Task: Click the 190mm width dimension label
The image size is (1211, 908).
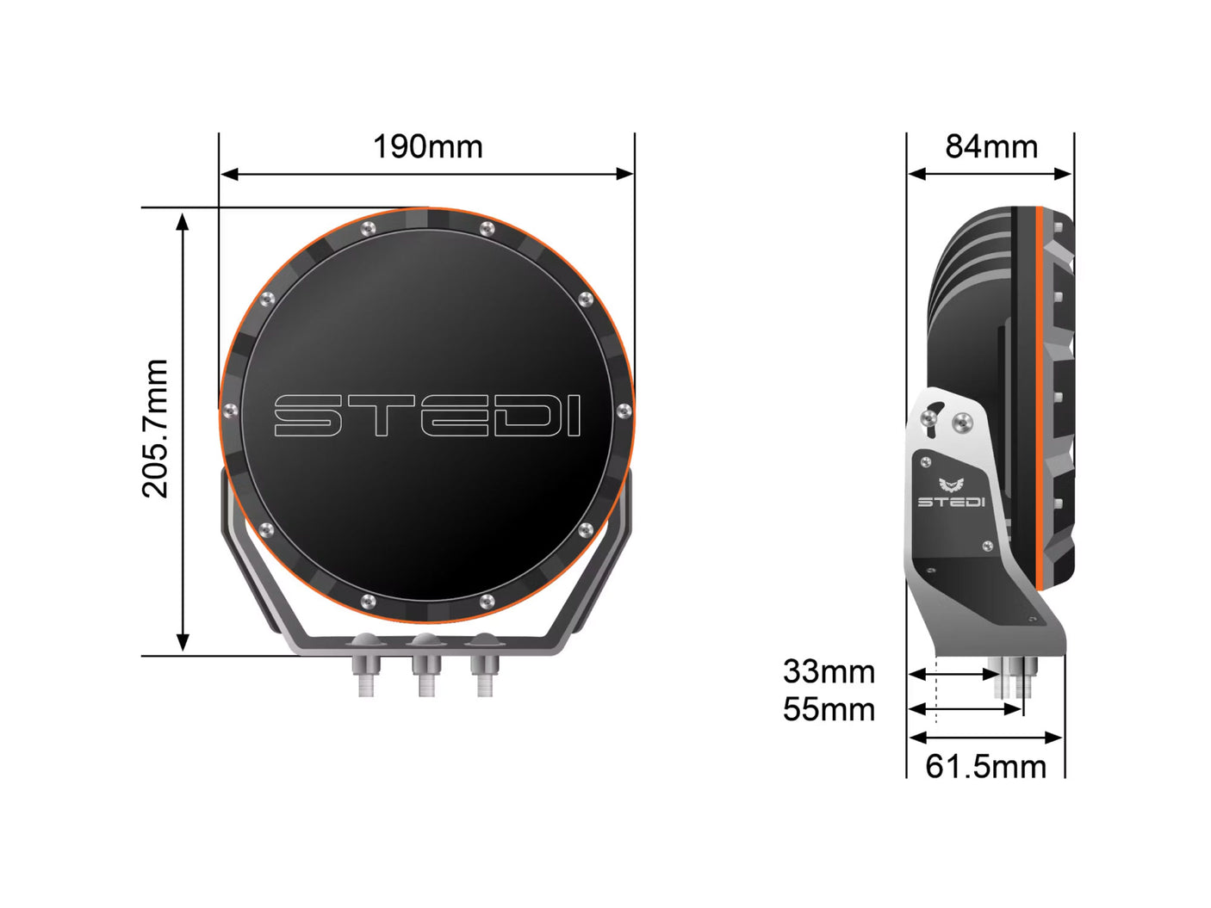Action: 427,147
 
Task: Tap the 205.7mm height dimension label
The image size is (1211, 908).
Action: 156,429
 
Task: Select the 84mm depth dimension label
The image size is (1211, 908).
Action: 991,147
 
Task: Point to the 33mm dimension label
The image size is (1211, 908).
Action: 829,671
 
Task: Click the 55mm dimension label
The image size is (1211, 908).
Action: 829,710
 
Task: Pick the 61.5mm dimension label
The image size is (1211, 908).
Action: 985,766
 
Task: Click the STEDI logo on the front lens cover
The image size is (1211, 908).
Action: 427,416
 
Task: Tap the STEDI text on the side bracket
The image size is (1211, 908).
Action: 950,502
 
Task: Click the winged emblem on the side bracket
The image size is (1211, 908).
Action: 950,485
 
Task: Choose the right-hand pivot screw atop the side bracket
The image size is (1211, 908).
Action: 962,422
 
